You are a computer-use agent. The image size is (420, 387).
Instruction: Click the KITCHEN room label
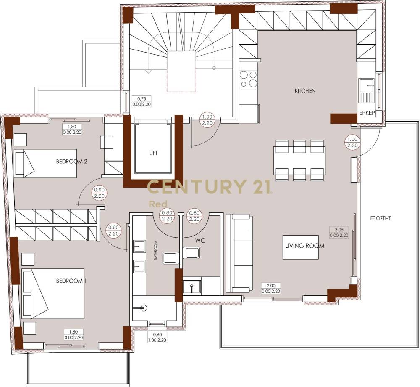tap(305, 91)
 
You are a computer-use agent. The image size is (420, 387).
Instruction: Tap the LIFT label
tap(153, 153)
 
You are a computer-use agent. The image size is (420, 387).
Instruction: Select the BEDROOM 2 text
tap(71, 162)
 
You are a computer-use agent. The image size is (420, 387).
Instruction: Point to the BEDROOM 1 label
tap(71, 281)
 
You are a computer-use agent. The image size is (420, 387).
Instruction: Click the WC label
tap(200, 241)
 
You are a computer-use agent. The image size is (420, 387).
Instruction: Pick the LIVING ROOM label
tap(304, 246)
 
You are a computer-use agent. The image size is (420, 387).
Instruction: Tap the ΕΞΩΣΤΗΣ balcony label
tap(381, 218)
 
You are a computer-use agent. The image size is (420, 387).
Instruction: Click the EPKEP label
tap(367, 113)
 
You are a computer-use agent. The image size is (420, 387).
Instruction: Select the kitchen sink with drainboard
tap(366, 90)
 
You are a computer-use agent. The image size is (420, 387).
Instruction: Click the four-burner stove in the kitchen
tap(248, 79)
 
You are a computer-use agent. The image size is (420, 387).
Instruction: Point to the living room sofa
tap(239, 253)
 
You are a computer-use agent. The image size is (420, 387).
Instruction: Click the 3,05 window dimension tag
tap(339, 233)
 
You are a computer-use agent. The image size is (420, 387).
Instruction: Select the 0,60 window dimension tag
tap(157, 337)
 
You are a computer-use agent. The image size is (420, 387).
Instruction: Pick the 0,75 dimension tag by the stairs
tap(142, 101)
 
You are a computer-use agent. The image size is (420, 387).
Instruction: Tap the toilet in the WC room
tap(191, 253)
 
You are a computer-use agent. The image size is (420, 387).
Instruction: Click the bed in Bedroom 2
tap(45, 163)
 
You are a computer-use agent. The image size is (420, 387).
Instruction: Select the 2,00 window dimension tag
tap(271, 288)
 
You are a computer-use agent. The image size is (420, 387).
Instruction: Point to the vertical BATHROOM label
tap(155, 250)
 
